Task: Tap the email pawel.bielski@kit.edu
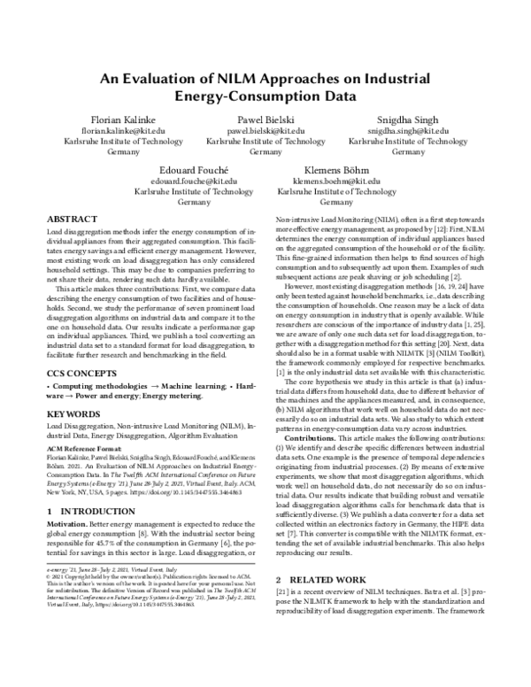click(x=265, y=129)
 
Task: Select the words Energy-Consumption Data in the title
click(x=265, y=96)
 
